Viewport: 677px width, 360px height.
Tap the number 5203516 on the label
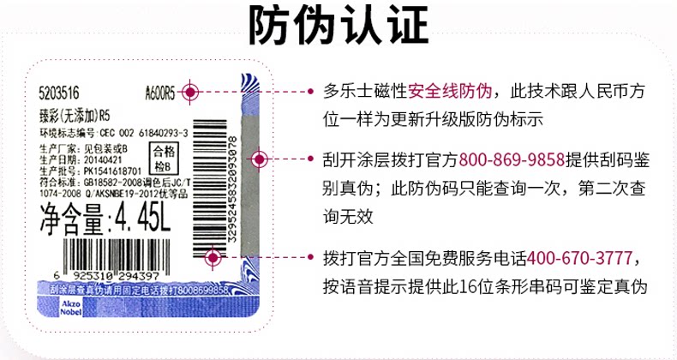tap(60, 93)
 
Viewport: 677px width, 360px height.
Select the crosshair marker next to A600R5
tap(190, 92)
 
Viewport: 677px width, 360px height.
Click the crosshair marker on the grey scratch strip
tap(260, 159)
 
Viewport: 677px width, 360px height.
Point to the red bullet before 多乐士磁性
tap(313, 90)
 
